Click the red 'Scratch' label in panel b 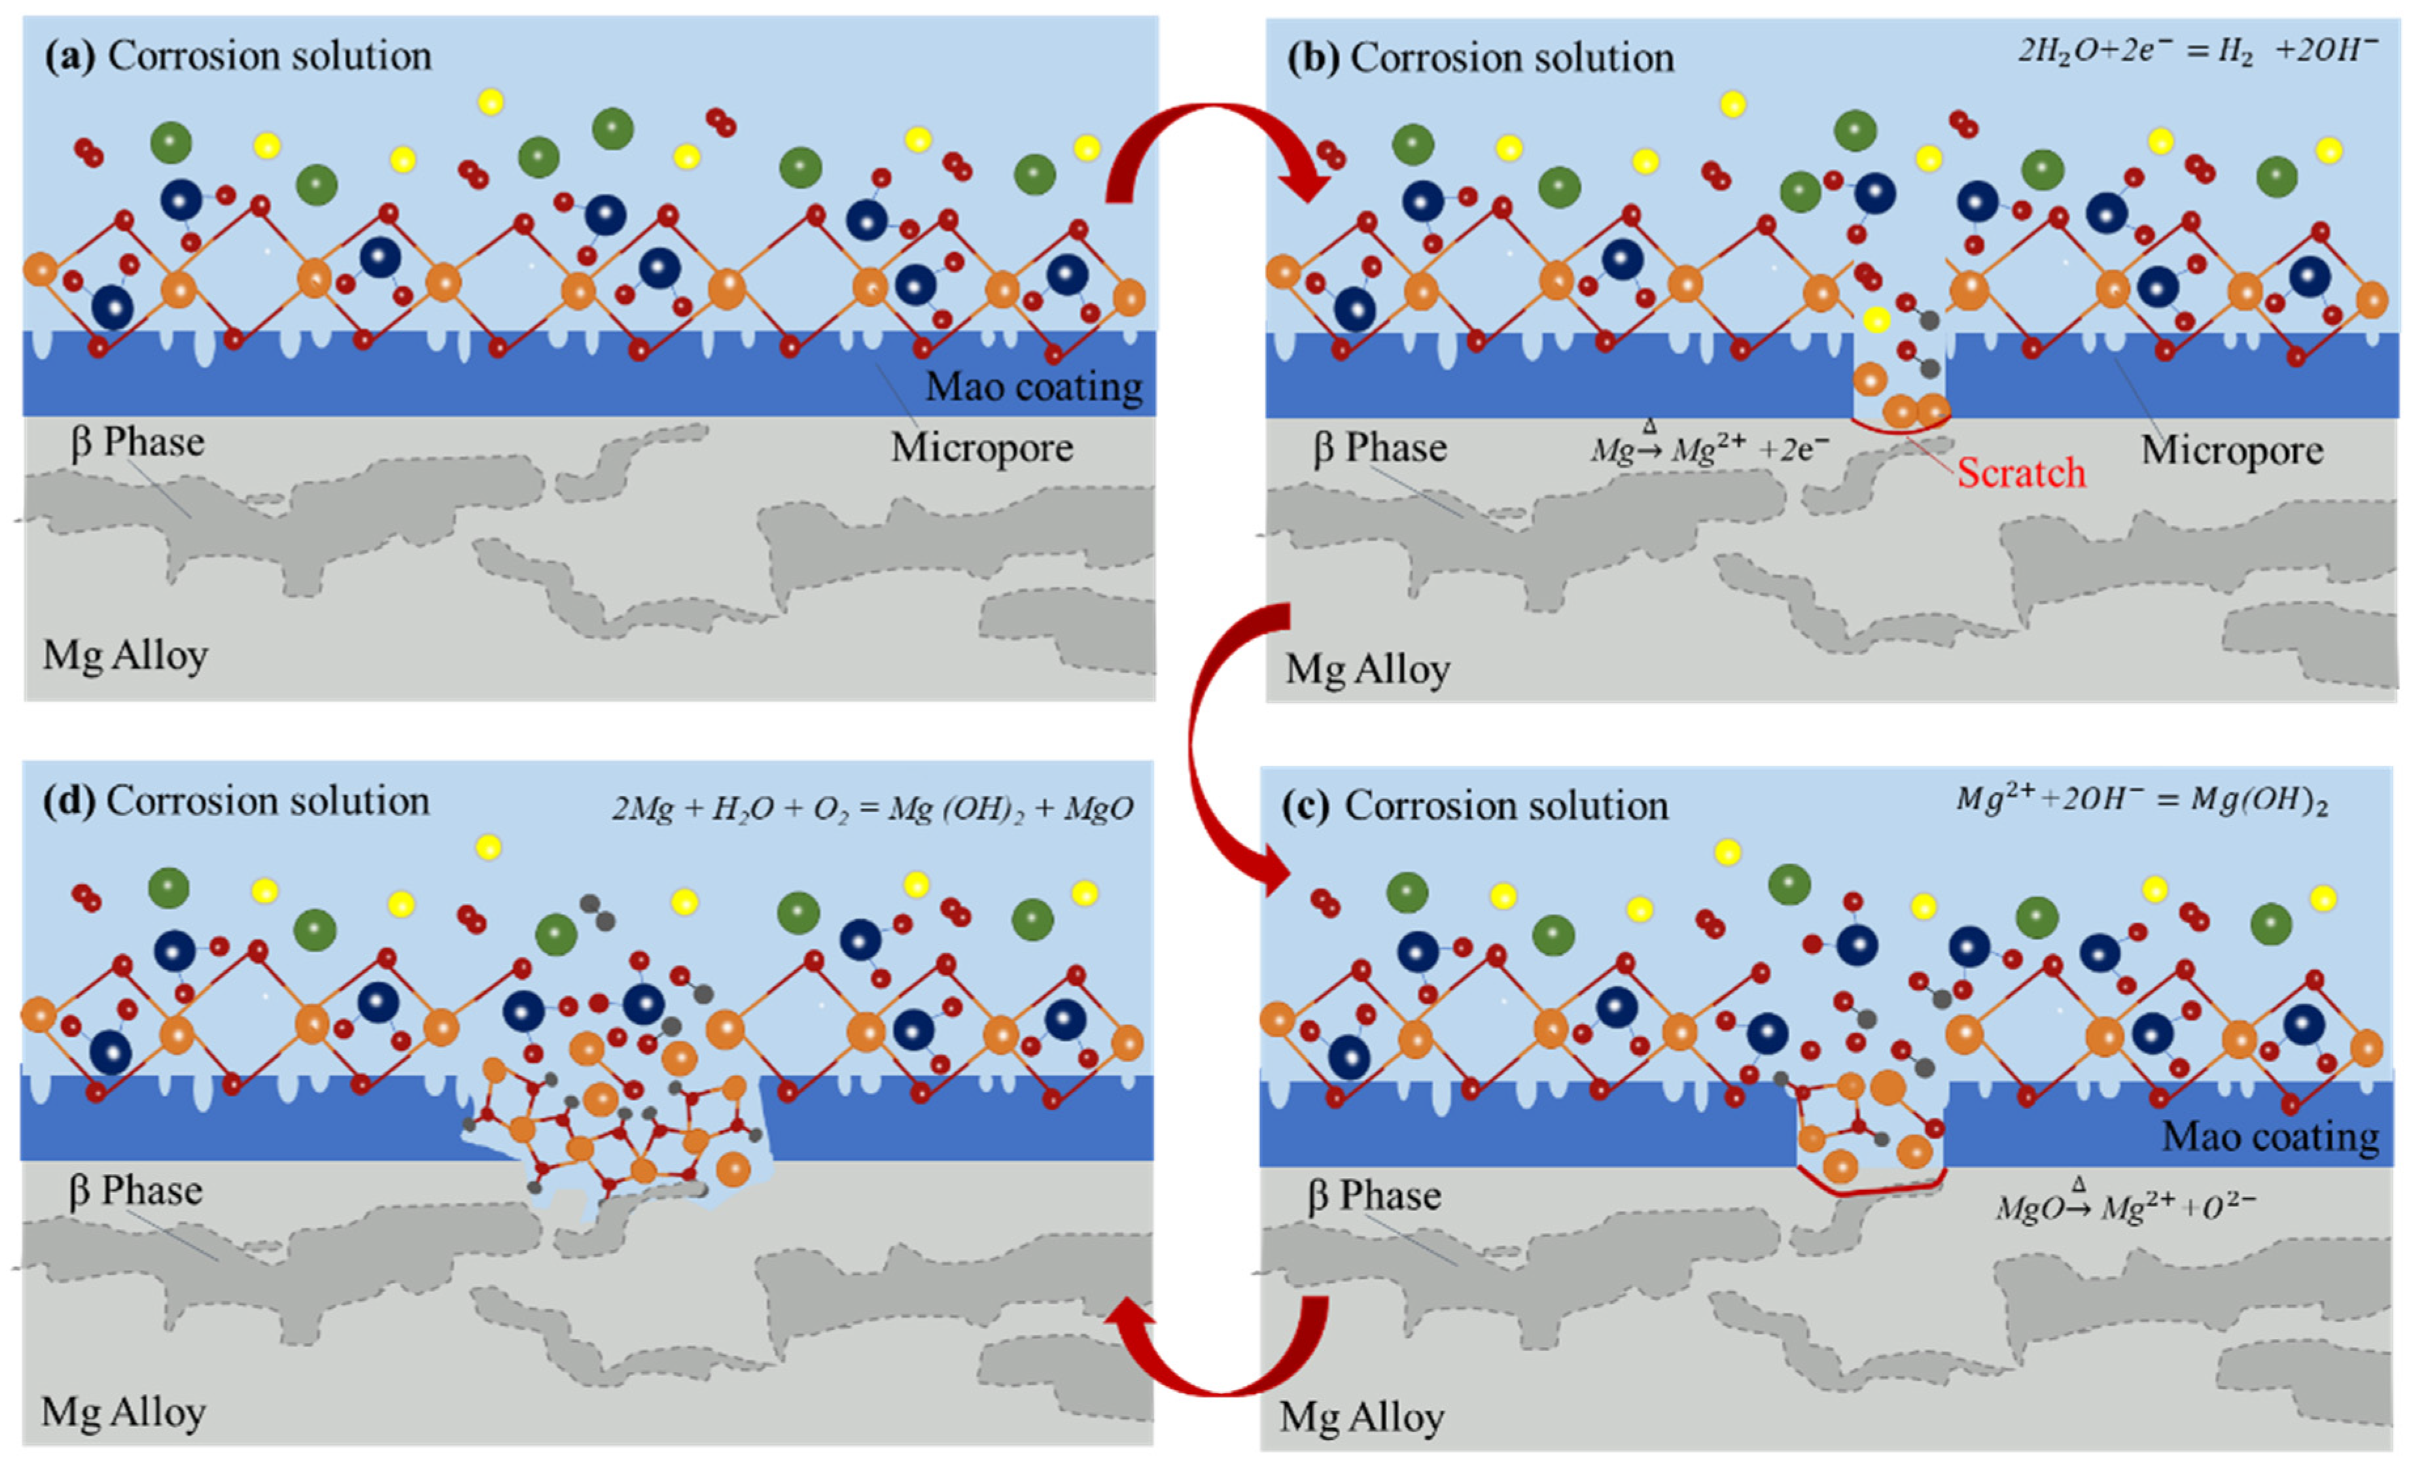pos(2020,473)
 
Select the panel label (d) pos(69,802)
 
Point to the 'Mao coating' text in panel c pos(2270,1136)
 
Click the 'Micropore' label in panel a pos(981,447)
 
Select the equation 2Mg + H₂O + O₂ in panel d pos(872,808)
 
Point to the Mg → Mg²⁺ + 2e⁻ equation pos(1709,449)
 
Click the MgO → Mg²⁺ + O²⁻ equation pos(2126,1206)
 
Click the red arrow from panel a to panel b pos(1214,147)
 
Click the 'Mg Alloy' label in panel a pos(126,655)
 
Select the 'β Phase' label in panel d pos(135,1191)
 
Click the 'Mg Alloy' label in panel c pos(1361,1417)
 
